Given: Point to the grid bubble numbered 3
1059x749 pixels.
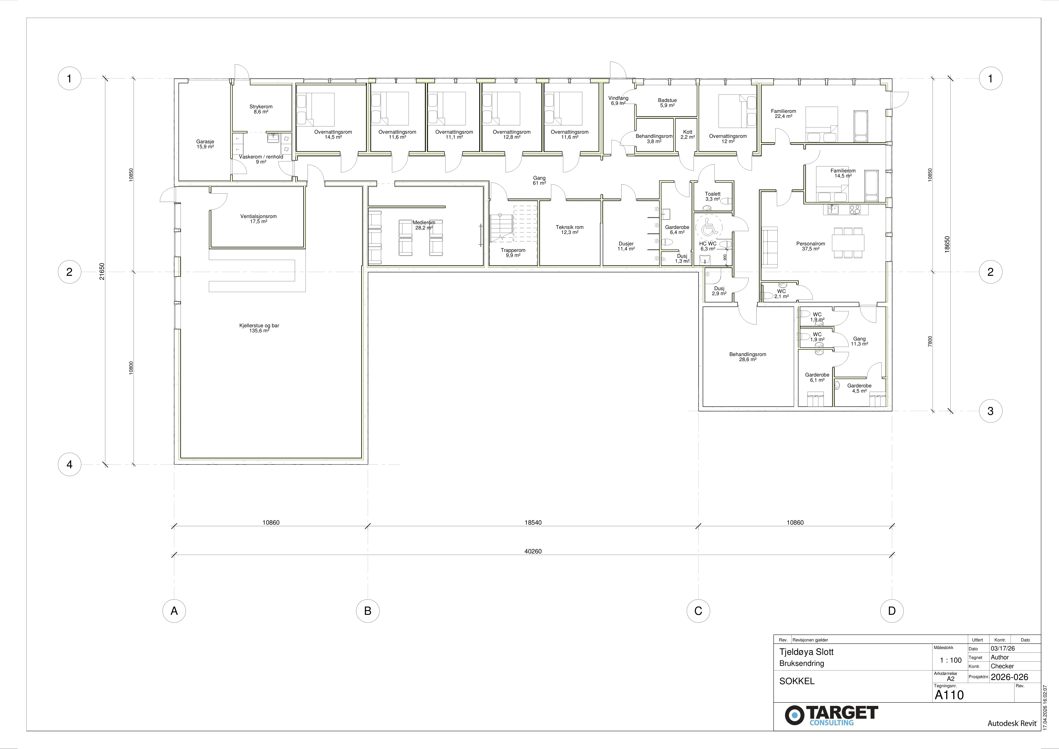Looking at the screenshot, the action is point(990,411).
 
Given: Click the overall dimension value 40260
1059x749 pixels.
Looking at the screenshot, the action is point(533,551).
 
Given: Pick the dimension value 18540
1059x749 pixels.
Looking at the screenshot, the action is point(533,523).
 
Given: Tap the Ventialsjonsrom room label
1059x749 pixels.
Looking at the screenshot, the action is point(258,219).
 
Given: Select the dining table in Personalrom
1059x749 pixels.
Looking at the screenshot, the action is point(849,242).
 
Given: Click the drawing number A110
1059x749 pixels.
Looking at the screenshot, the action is point(949,694).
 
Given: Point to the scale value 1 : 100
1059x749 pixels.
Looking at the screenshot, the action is point(951,660).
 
